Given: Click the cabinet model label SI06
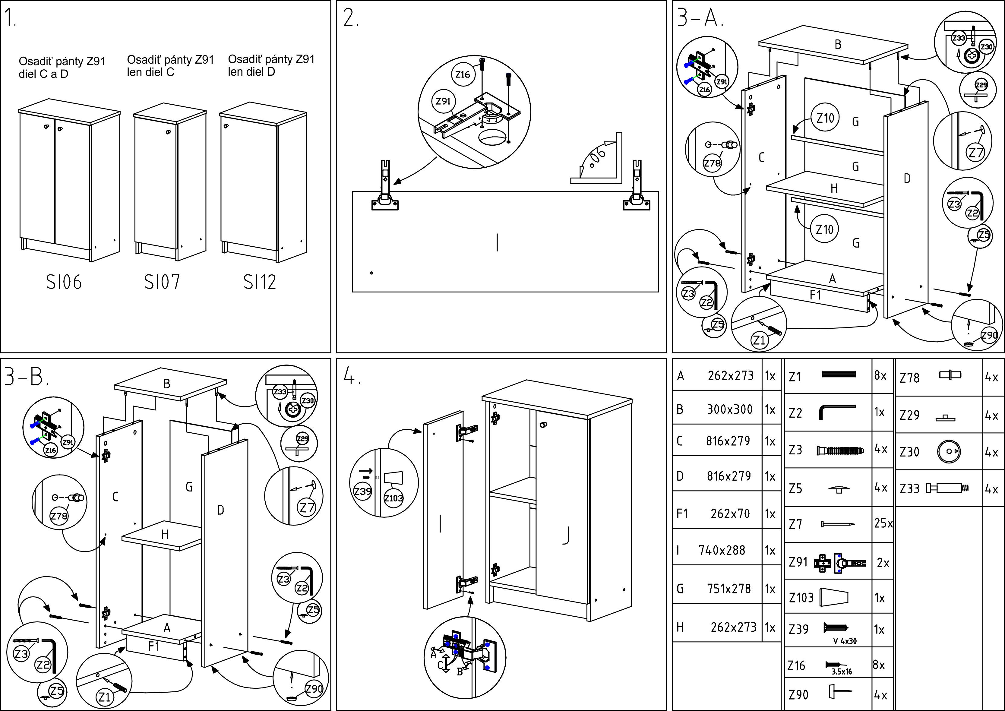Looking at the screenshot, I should click(64, 282).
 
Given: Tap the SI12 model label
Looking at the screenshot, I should click(260, 282).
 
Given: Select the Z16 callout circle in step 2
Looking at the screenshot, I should click(463, 74).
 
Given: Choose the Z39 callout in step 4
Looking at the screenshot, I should click(362, 491).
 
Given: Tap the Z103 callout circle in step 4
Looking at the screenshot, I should click(393, 498).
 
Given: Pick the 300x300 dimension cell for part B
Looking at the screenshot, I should click(730, 409).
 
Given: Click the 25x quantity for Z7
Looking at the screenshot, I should click(883, 523).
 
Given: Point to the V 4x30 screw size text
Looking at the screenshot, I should click(845, 641).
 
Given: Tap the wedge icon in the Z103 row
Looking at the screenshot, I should click(834, 597).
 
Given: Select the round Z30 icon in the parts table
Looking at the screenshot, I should click(949, 451).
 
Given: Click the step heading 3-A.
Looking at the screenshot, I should click(700, 18).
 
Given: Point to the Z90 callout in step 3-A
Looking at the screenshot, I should click(989, 335).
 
